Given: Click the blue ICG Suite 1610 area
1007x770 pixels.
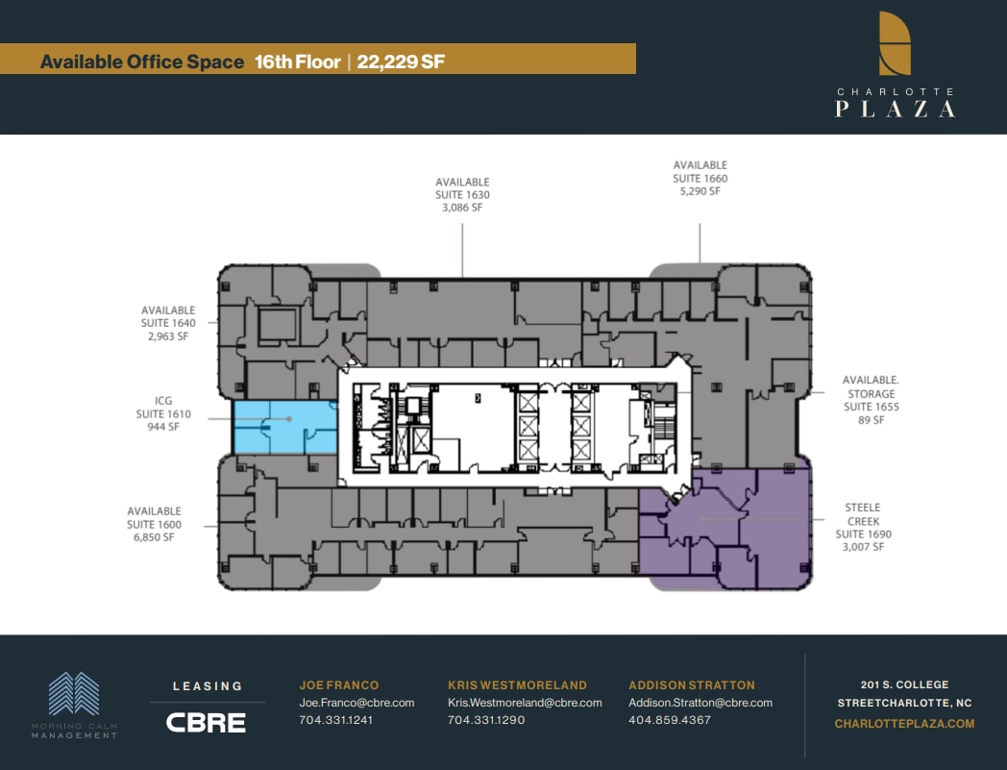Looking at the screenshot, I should [x=284, y=428].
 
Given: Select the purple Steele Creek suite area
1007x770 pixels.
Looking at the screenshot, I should [x=730, y=529].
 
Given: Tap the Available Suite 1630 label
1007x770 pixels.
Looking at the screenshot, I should [x=462, y=195].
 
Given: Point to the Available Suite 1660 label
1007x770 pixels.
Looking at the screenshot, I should [x=700, y=179].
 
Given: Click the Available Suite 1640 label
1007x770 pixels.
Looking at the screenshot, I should [x=168, y=324].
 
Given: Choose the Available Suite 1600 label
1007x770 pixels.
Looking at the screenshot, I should [x=154, y=525].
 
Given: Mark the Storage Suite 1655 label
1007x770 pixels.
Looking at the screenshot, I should [x=871, y=400].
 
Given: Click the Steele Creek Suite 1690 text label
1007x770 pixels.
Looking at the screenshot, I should [x=863, y=527].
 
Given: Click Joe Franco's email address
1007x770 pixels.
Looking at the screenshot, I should [x=356, y=703].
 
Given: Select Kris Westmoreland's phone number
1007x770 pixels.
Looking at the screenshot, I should [x=486, y=720].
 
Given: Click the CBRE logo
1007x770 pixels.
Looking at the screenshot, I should [x=206, y=722].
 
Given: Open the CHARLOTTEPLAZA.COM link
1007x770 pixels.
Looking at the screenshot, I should [x=904, y=724].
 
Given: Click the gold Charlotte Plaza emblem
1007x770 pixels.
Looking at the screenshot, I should [x=895, y=43].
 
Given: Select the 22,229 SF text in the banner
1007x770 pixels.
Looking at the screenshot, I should [x=401, y=62].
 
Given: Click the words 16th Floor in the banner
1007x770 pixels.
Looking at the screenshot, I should [x=298, y=62].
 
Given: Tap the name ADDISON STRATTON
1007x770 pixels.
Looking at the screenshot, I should [x=692, y=685].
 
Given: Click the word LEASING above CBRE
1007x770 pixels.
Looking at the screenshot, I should [x=207, y=686].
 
